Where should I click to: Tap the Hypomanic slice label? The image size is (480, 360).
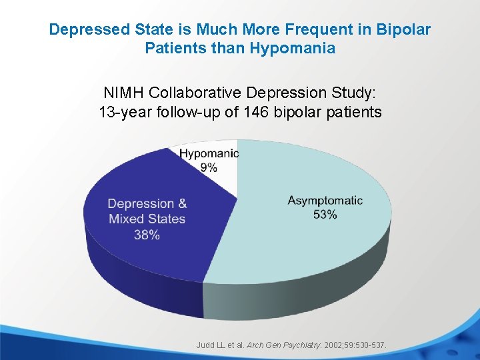point(209,154)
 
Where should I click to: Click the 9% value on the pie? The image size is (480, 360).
point(209,167)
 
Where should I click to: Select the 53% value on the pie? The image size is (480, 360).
point(325,215)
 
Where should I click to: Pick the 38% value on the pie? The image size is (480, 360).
point(147,234)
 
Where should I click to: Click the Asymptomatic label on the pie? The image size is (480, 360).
point(325,201)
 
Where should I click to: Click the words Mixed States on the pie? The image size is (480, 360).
point(147,219)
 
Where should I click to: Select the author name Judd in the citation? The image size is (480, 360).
point(205,345)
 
